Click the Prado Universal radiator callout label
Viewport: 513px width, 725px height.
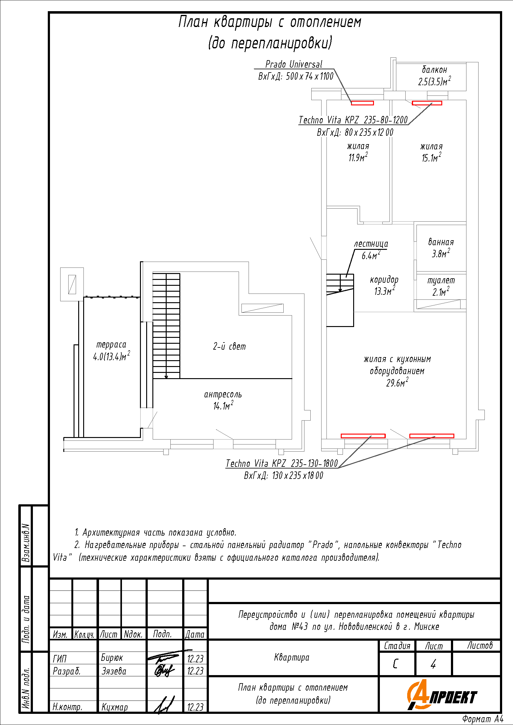point(294,64)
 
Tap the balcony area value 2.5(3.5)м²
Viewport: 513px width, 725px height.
point(434,81)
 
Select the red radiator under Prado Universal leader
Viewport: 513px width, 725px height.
point(362,103)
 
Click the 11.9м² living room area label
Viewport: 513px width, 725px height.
point(358,157)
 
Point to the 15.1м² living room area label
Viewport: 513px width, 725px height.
point(431,157)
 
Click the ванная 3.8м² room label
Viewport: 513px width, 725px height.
point(441,248)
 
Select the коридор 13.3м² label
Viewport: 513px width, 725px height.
point(384,285)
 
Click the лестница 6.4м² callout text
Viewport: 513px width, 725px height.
point(371,250)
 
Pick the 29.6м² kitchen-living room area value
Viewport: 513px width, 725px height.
point(397,383)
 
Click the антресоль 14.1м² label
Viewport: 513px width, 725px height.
point(223,400)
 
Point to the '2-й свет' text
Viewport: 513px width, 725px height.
point(229,347)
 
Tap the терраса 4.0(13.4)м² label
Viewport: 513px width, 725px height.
point(111,351)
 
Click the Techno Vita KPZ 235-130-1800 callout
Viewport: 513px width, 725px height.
point(282,463)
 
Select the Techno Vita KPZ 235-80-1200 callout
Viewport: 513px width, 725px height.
point(353,120)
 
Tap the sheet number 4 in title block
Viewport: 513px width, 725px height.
point(433,664)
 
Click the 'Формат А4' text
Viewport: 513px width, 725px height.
point(483,719)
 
